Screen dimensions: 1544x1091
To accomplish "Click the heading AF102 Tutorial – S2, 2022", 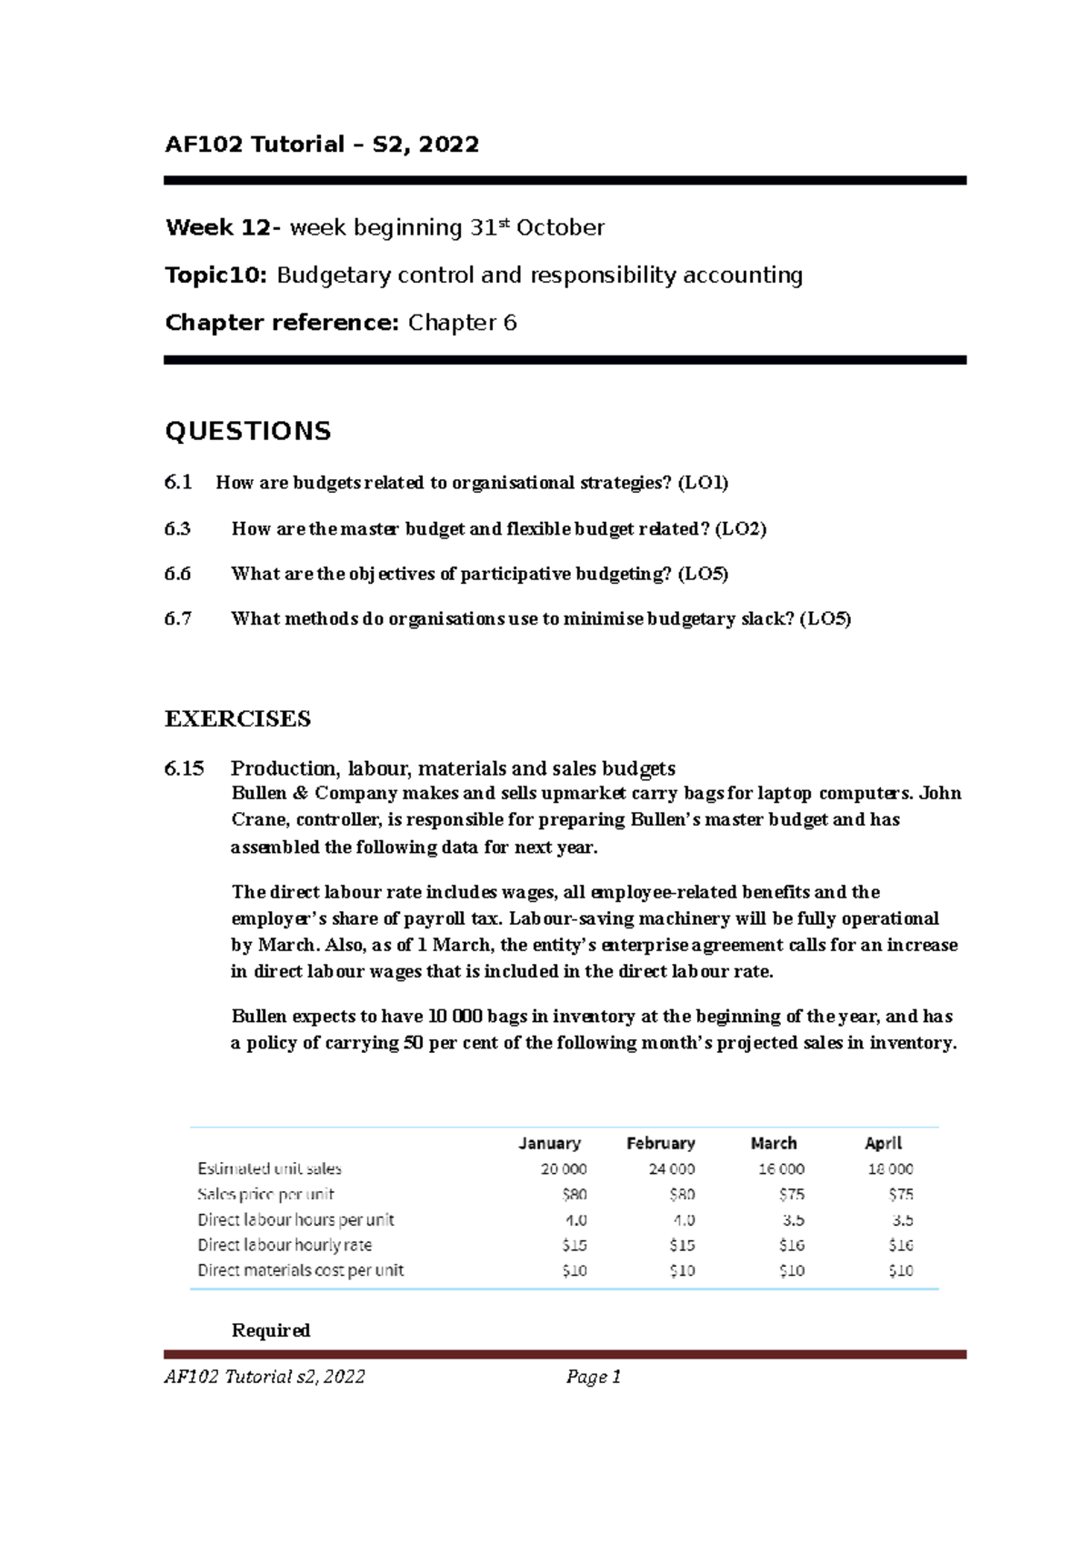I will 322,144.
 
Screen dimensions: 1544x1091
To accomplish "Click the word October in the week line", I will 560,227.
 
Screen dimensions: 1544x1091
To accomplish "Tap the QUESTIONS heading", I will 248,431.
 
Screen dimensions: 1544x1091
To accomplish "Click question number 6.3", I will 178,529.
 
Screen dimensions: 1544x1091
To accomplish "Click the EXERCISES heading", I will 237,719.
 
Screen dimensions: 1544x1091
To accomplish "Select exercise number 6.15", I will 185,768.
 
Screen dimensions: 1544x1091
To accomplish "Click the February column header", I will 661,1143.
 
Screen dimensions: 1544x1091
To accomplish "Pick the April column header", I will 883,1143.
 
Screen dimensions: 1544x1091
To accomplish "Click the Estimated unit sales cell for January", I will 564,1168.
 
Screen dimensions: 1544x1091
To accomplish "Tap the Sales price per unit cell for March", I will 791,1194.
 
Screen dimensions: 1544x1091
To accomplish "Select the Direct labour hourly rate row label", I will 285,1245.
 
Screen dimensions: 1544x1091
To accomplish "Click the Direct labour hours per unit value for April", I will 902,1219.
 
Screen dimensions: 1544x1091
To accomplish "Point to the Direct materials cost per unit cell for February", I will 682,1270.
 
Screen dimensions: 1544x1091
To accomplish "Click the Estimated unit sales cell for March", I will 782,1168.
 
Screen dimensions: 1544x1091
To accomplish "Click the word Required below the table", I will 271,1330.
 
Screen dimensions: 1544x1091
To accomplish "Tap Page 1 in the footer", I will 593,1377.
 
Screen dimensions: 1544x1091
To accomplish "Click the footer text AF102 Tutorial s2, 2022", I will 265,1377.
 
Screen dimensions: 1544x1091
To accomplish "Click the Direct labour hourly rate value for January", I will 575,1245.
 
